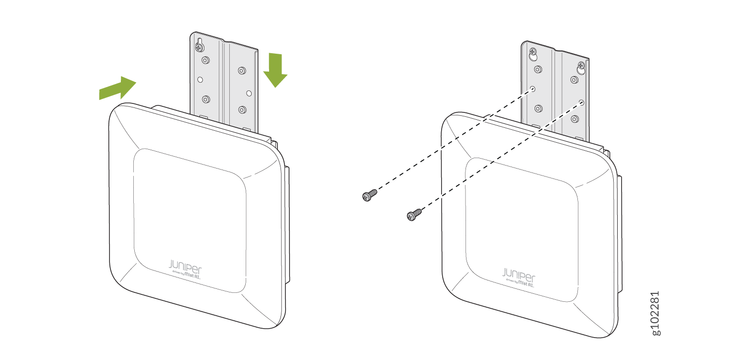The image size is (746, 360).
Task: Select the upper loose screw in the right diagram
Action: pyautogui.click(x=370, y=195)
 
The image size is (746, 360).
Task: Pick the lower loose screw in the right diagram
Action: pyautogui.click(x=414, y=214)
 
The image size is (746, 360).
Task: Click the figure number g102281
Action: pyautogui.click(x=655, y=313)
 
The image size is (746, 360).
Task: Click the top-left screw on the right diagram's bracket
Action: pyautogui.click(x=533, y=52)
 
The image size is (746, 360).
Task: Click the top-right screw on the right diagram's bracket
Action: pyautogui.click(x=581, y=65)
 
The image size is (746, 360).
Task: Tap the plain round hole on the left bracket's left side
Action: pyautogui.click(x=200, y=80)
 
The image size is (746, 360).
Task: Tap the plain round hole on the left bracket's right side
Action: pyautogui.click(x=249, y=93)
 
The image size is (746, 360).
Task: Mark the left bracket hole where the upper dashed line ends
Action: pyautogui.click(x=533, y=89)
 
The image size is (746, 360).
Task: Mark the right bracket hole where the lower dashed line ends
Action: pyautogui.click(x=581, y=102)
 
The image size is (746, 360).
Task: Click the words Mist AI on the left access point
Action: pyautogui.click(x=192, y=275)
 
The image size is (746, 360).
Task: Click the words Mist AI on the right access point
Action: pyautogui.click(x=526, y=284)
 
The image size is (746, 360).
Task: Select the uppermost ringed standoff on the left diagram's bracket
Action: pyautogui.click(x=206, y=60)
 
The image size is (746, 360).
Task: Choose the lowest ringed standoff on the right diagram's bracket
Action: pyautogui.click(x=575, y=119)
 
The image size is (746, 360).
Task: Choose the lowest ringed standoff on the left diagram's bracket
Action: pyautogui.click(x=243, y=109)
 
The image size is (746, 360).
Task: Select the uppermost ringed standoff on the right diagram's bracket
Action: pyautogui.click(x=538, y=69)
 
